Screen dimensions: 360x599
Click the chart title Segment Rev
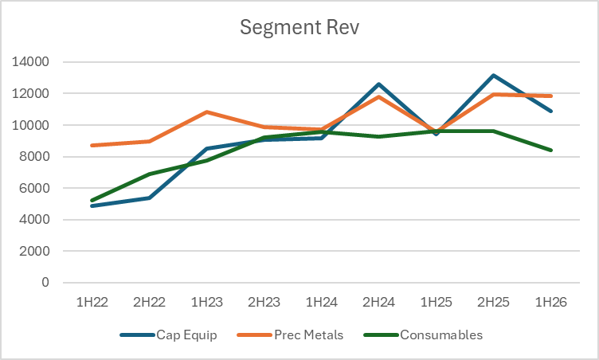[299, 27]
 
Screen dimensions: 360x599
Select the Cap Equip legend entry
[184, 335]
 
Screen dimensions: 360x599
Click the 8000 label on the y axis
[33, 157]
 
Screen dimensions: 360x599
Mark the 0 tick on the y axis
[45, 283]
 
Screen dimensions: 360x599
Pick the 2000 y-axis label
[33, 252]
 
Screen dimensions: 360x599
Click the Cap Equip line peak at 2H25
[494, 76]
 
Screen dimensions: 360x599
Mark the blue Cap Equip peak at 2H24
[379, 84]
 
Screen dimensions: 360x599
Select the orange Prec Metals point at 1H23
[208, 112]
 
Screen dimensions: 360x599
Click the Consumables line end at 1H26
[550, 150]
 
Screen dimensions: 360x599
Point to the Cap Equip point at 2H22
[151, 198]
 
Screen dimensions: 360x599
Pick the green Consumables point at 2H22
[151, 174]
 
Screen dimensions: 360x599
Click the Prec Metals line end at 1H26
[550, 96]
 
